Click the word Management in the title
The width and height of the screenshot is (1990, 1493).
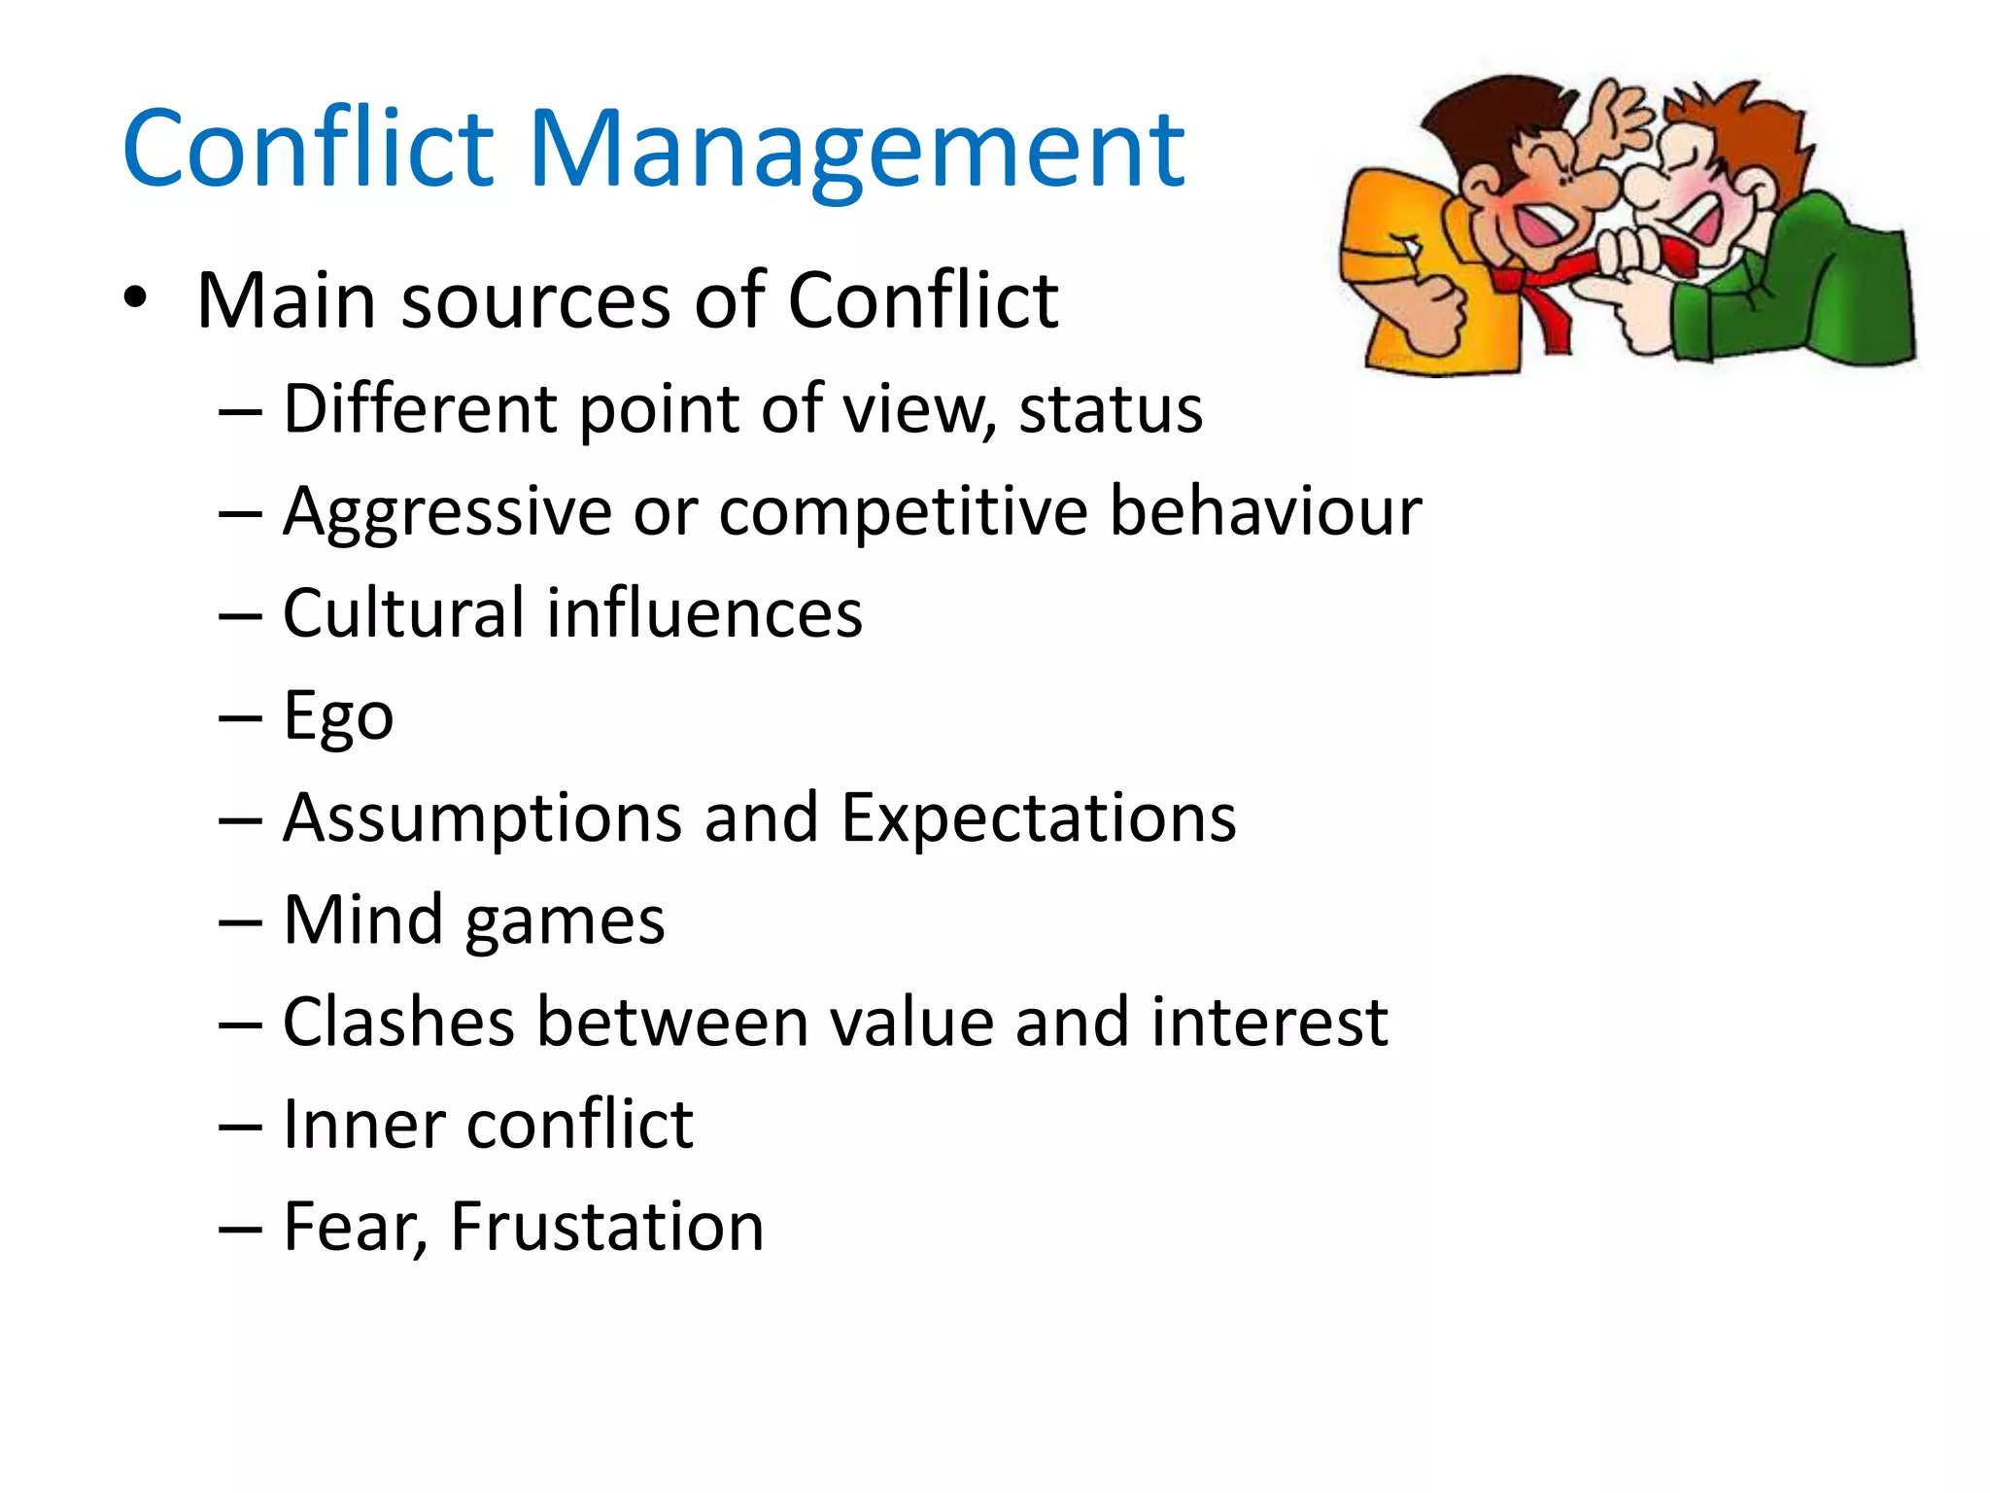[x=855, y=151]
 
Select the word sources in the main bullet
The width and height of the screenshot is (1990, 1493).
[x=535, y=301]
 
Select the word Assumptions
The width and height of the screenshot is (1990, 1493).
[x=483, y=819]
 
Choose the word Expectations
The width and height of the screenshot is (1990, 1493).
[x=1038, y=817]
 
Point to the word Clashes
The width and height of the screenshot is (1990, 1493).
[x=398, y=1023]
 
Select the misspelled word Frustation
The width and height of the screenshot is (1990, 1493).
[x=607, y=1227]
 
